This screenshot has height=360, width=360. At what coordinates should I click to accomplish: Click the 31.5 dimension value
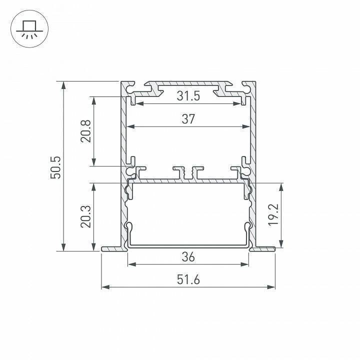coord(188,96)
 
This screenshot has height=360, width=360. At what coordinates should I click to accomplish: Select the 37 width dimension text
coord(188,119)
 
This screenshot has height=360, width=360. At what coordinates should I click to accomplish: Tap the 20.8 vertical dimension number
coord(85,131)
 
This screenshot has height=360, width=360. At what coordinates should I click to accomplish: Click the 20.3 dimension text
coord(85,217)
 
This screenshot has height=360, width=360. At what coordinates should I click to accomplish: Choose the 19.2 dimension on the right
coord(272,215)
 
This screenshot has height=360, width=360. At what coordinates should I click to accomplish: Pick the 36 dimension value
coord(188,257)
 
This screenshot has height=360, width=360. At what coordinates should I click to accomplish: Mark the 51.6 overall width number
coord(188,280)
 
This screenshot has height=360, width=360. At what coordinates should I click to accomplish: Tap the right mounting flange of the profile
coord(264,248)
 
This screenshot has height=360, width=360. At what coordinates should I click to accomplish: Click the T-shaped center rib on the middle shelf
coord(188,172)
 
